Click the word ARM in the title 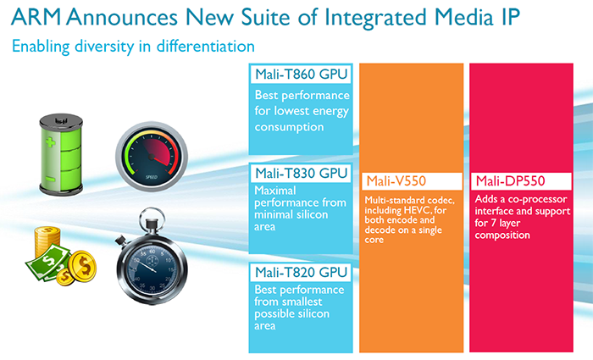pyautogui.click(x=36, y=17)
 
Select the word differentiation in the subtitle pyautogui.click(x=205, y=46)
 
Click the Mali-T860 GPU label pyautogui.click(x=301, y=75)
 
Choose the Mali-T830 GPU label pyautogui.click(x=301, y=173)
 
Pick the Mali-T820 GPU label pyautogui.click(x=301, y=272)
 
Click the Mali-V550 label pyautogui.click(x=396, y=181)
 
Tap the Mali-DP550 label pyautogui.click(x=510, y=181)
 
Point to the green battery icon pyautogui.click(x=61, y=154)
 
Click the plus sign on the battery pyautogui.click(x=50, y=142)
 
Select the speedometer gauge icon pyautogui.click(x=152, y=156)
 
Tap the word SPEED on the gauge pyautogui.click(x=152, y=177)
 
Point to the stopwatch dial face pyautogui.click(x=152, y=269)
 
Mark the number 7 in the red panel pyautogui.click(x=494, y=223)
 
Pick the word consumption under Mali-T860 pyautogui.click(x=289, y=127)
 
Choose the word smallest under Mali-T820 pyautogui.click(x=302, y=302)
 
